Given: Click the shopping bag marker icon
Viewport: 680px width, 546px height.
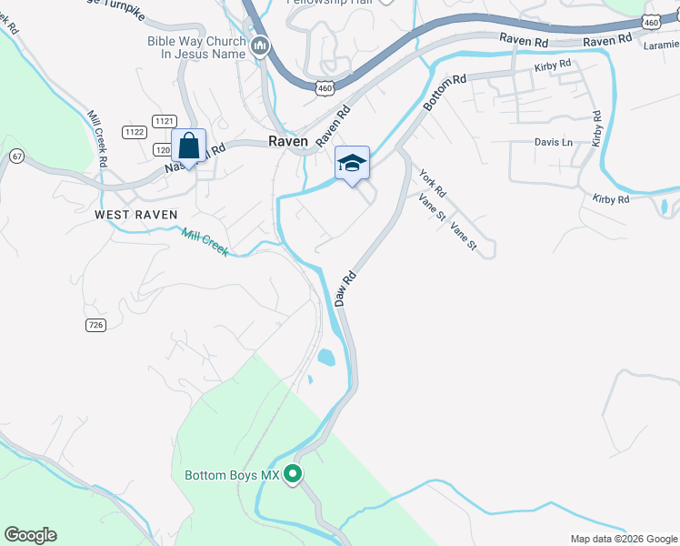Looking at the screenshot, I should (x=188, y=146).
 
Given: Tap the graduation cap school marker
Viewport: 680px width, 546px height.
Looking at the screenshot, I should (x=352, y=163).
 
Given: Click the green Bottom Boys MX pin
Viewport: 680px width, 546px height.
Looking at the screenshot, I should (x=293, y=474).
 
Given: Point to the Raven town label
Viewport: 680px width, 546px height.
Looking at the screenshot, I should (x=288, y=141).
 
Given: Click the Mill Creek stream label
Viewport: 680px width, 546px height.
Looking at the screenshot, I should (x=205, y=242).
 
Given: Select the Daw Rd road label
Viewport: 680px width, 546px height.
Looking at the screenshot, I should (x=344, y=288).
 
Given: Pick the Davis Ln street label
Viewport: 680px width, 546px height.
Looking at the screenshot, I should (x=554, y=143).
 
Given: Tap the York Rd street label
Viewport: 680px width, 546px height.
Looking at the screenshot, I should (x=433, y=185).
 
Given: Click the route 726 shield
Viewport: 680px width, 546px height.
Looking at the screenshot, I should (x=96, y=325).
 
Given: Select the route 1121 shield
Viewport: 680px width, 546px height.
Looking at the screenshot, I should (x=165, y=121).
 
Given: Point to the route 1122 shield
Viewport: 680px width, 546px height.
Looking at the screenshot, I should (x=135, y=132).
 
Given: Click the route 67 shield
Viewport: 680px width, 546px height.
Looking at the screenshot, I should (x=16, y=157).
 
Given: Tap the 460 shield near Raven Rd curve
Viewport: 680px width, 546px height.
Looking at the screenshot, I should (x=325, y=87).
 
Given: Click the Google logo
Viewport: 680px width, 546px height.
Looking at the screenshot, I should (x=30, y=535).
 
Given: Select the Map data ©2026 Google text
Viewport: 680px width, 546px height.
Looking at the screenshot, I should (x=623, y=539).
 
